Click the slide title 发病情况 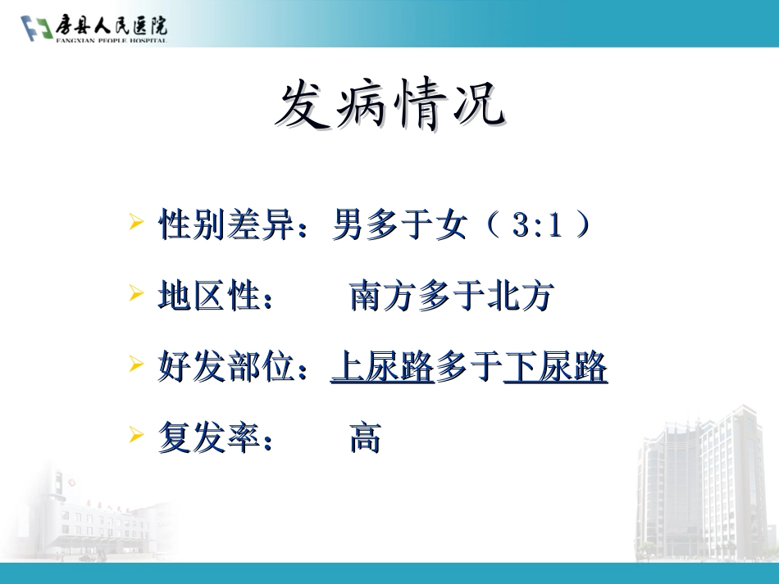click(389, 106)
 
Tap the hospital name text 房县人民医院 click(111, 26)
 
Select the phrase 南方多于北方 click(452, 297)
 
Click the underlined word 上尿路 click(382, 368)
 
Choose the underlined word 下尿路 click(555, 368)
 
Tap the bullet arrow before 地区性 click(137, 293)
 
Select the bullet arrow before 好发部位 click(137, 364)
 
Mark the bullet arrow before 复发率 click(137, 436)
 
